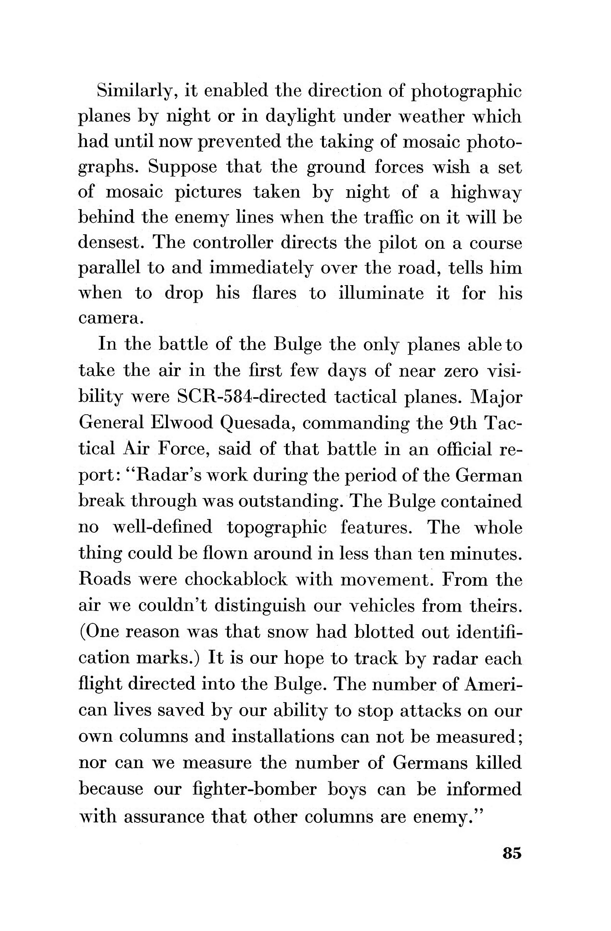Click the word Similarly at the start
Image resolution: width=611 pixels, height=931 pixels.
point(134,91)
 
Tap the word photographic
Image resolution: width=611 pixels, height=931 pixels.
point(467,92)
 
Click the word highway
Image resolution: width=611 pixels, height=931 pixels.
point(486,193)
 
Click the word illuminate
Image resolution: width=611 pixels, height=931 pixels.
point(381,293)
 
